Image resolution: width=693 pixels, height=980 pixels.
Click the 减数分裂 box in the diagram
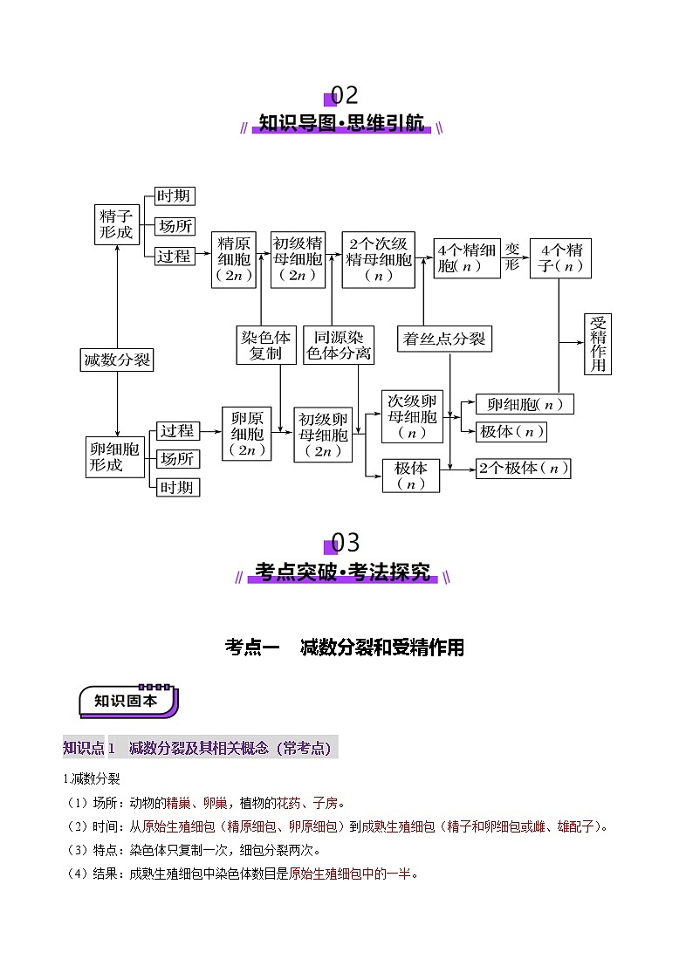click(x=117, y=360)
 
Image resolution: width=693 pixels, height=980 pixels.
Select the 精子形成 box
click(x=116, y=224)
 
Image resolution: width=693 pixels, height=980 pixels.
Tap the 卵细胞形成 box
click(x=116, y=456)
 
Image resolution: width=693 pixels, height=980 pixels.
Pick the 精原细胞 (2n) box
click(x=234, y=260)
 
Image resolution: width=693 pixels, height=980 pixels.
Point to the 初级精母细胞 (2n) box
click(x=298, y=260)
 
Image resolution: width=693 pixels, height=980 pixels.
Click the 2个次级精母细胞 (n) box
click(x=379, y=260)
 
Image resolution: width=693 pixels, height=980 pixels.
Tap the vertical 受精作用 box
click(x=598, y=344)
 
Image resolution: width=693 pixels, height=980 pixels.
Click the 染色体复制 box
click(x=266, y=345)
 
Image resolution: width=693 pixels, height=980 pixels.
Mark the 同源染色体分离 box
click(x=339, y=345)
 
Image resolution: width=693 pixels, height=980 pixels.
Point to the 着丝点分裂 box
click(x=444, y=339)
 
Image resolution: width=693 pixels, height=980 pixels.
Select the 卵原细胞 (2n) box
click(x=246, y=434)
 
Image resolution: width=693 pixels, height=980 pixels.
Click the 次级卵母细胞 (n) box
click(x=412, y=415)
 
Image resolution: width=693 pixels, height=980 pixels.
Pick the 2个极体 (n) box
click(x=523, y=468)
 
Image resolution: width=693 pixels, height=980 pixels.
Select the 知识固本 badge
click(x=128, y=700)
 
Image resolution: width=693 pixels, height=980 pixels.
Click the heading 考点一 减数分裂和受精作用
click(x=345, y=648)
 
